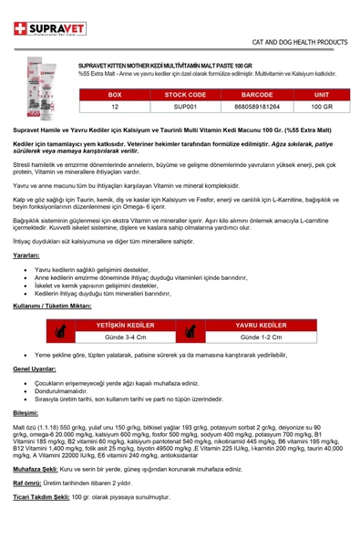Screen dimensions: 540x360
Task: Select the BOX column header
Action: (x=115, y=94)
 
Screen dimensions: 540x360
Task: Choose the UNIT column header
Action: (x=321, y=94)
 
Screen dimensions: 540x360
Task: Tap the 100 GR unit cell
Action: (x=321, y=107)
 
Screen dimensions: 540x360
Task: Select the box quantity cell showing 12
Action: (x=115, y=107)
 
